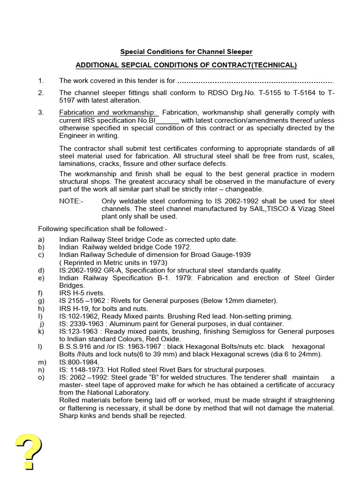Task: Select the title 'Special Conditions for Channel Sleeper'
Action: coord(186,52)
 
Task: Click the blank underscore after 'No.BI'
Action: coord(171,120)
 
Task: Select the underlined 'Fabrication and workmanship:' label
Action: coord(108,112)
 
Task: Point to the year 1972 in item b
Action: coord(182,247)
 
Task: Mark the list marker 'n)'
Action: coord(41,370)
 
